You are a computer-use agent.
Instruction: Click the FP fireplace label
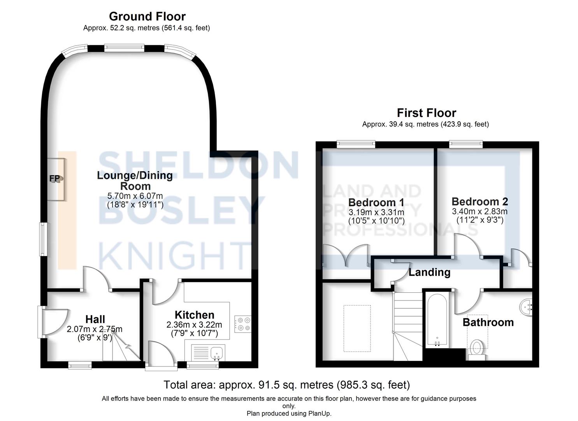point(54,178)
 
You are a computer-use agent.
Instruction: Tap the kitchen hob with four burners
point(242,324)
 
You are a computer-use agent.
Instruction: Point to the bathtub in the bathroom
point(437,320)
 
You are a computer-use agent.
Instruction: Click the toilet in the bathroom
point(476,350)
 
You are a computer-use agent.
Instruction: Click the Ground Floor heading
point(148,16)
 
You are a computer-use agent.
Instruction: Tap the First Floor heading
point(426,113)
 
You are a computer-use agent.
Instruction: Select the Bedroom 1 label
point(376,202)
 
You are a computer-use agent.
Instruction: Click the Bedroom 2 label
point(480,202)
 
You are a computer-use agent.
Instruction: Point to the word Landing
point(430,272)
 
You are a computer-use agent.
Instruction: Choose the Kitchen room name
point(195,315)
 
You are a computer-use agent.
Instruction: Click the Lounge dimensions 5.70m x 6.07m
point(135,196)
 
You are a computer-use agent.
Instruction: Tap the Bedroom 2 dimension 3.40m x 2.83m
point(480,211)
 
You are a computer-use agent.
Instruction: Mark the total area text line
point(287,385)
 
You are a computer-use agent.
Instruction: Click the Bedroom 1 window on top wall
point(356,144)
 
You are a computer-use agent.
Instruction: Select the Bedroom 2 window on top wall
point(466,144)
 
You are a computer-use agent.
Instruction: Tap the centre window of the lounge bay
point(124,48)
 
